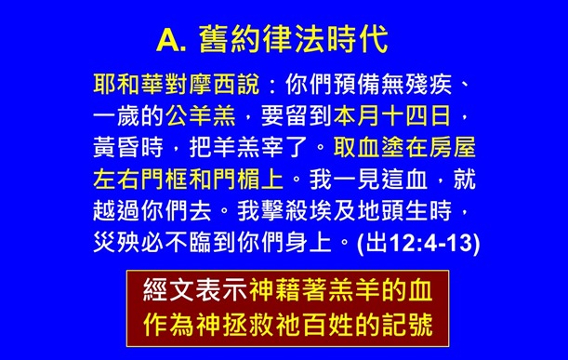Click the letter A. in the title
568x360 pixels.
pos(172,40)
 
